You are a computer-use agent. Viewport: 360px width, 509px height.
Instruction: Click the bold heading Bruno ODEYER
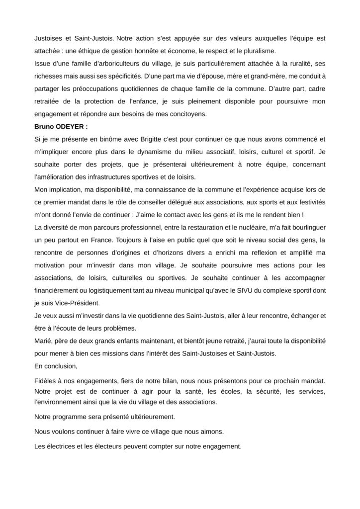pyautogui.click(x=61, y=127)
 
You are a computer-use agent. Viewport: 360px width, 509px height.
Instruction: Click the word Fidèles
pyautogui.click(x=47, y=380)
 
